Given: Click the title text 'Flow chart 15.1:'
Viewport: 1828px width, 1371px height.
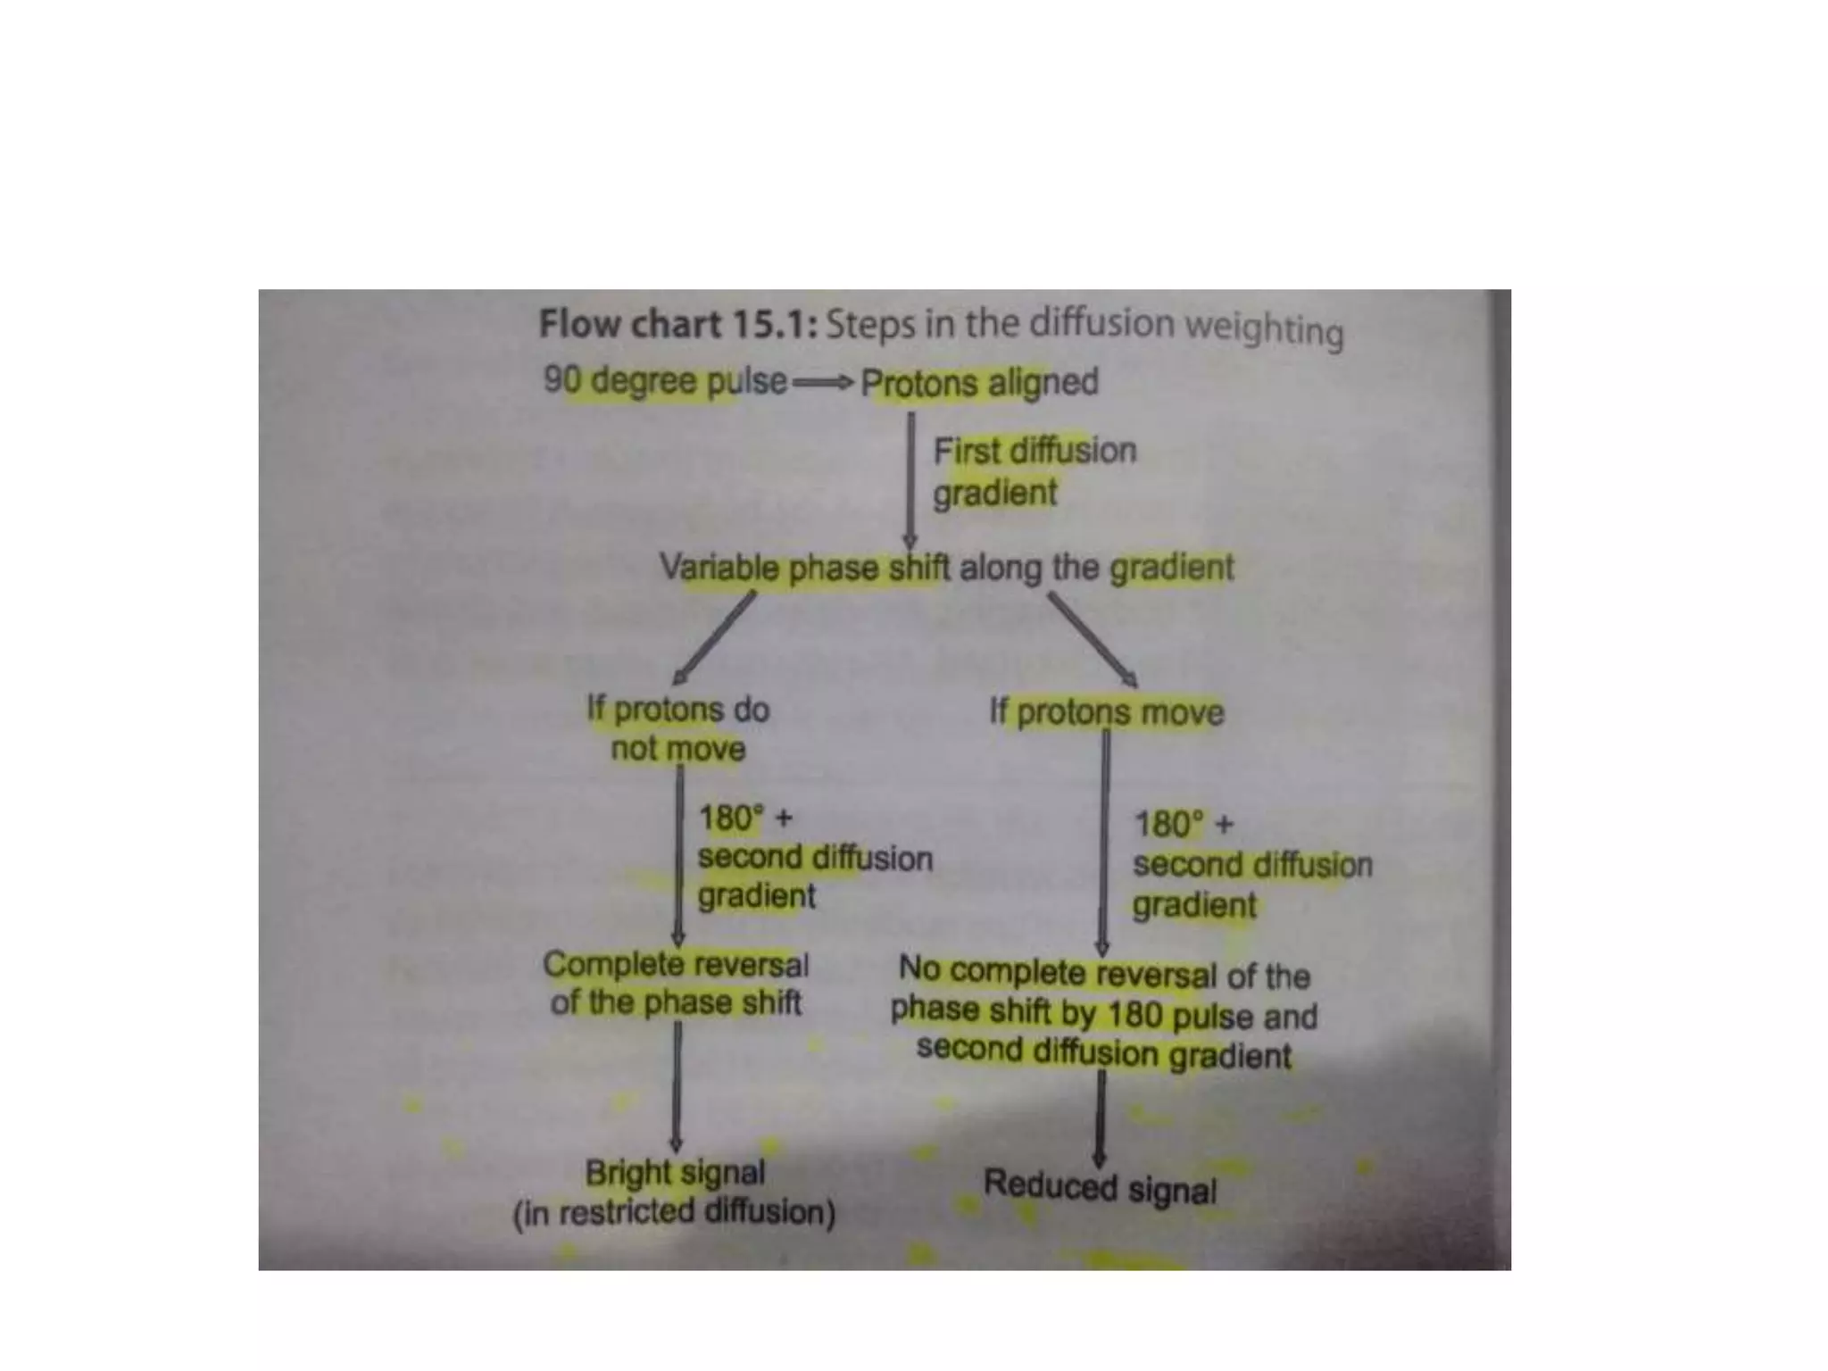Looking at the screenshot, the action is pos(678,324).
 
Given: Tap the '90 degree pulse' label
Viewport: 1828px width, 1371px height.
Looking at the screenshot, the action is pos(665,381).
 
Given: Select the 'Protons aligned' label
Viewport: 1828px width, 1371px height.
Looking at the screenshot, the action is pos(979,383).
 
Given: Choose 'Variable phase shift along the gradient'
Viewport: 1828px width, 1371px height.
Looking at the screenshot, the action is pos(946,568).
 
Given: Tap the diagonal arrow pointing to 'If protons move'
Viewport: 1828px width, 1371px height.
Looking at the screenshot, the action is pos(1092,639).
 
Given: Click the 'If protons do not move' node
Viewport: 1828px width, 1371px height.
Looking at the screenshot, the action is pos(677,728).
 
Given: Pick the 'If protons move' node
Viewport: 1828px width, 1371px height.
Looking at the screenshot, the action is pos(1106,712).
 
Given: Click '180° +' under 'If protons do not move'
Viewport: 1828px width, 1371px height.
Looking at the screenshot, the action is pos(744,818).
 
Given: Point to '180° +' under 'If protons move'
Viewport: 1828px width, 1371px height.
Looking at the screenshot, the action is pos(1183,824).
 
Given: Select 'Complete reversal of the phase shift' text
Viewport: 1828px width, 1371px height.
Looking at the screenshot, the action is pos(676,983).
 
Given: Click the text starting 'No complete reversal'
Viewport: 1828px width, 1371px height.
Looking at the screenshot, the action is pos(1104,1013).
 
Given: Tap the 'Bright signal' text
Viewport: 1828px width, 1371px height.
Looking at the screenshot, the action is pos(675,1172).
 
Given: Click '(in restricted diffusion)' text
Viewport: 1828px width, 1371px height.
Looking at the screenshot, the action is pos(674,1212).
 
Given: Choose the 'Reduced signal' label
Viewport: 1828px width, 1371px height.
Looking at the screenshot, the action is pos(1100,1186).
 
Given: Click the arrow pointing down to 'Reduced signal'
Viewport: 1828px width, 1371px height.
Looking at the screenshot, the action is pos(1101,1117).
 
